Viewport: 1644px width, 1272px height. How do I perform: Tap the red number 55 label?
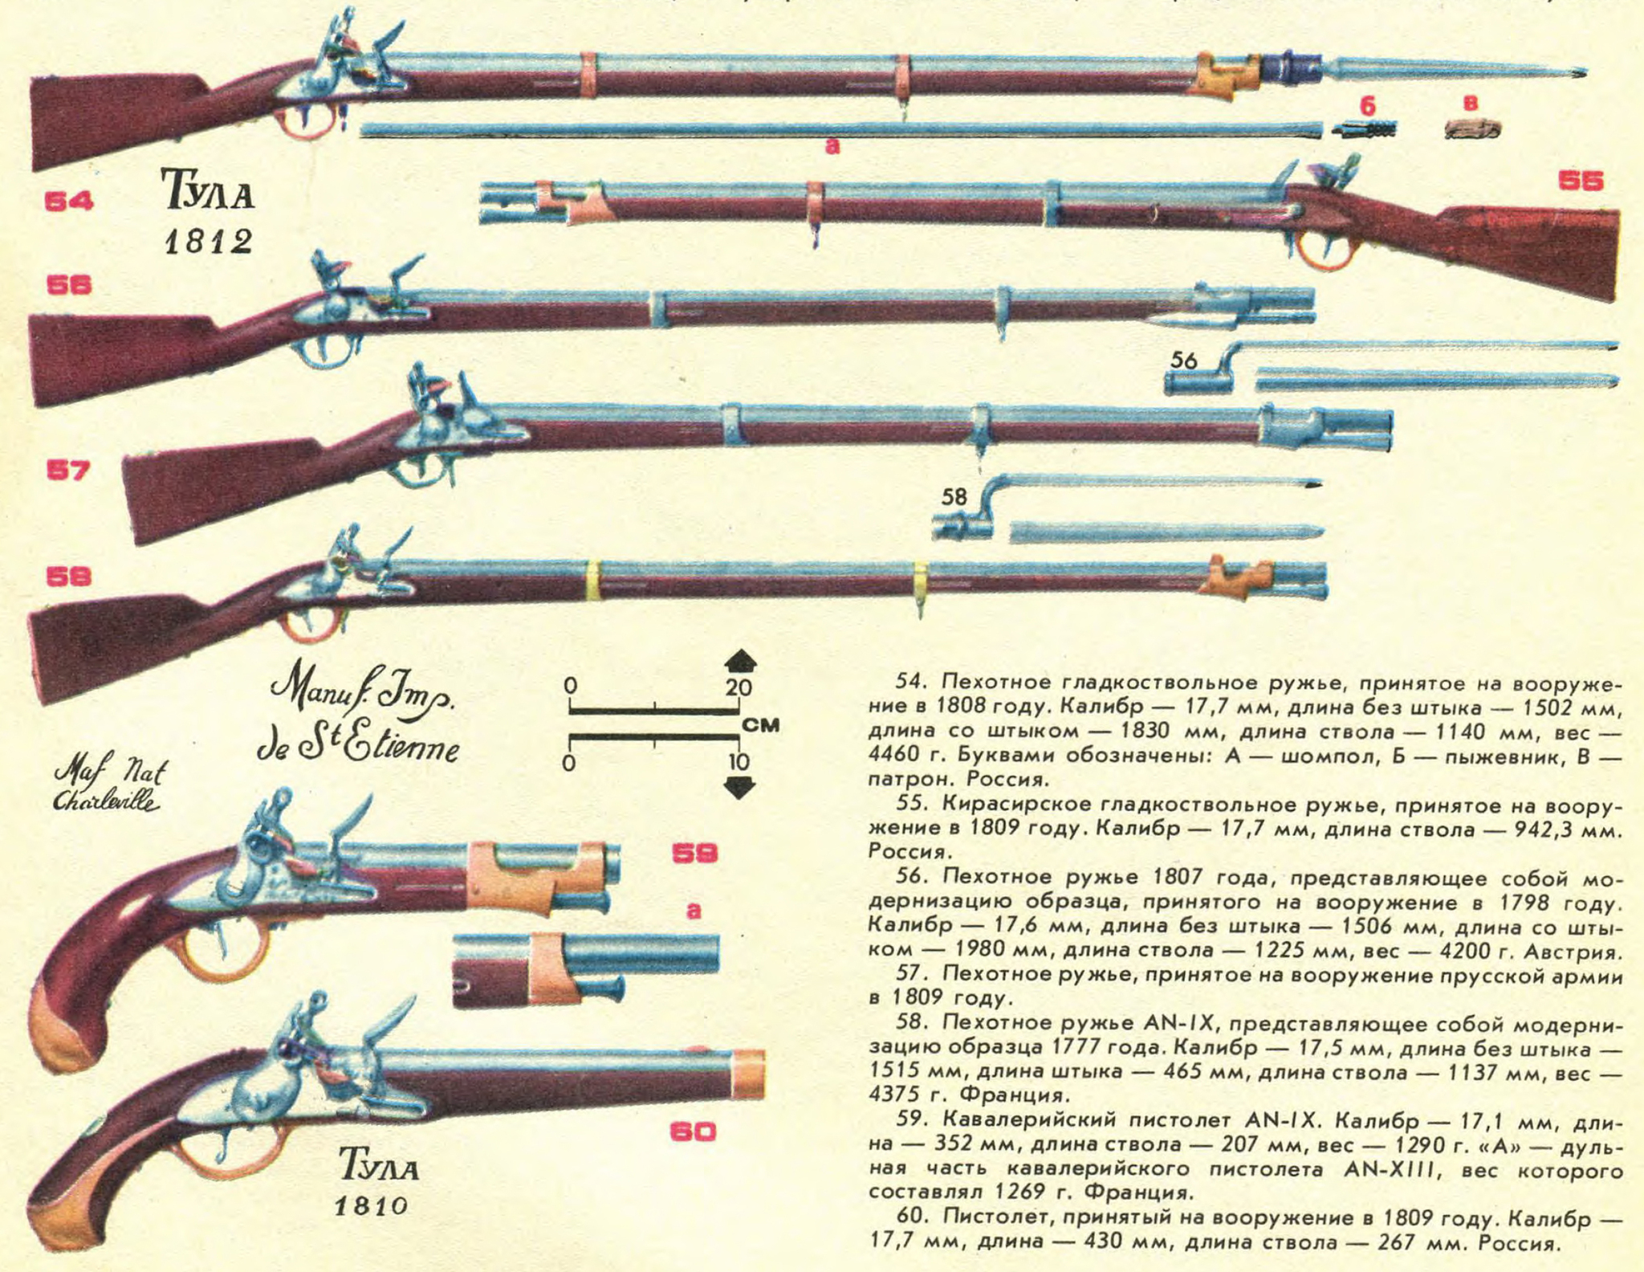1580,181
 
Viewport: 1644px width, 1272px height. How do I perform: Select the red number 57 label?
68,471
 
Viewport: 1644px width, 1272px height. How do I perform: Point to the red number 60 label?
693,1132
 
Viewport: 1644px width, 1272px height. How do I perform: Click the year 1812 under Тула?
209,240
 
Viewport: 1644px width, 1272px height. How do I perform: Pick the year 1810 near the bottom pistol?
371,1205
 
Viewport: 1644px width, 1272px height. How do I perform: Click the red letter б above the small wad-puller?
1368,106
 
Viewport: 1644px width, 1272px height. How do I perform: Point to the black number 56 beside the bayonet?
1184,361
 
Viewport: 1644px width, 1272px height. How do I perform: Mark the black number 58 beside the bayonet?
954,498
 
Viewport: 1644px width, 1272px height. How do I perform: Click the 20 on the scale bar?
739,687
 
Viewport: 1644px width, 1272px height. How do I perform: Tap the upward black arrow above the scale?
740,662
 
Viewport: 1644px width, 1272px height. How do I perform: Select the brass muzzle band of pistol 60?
748,1074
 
